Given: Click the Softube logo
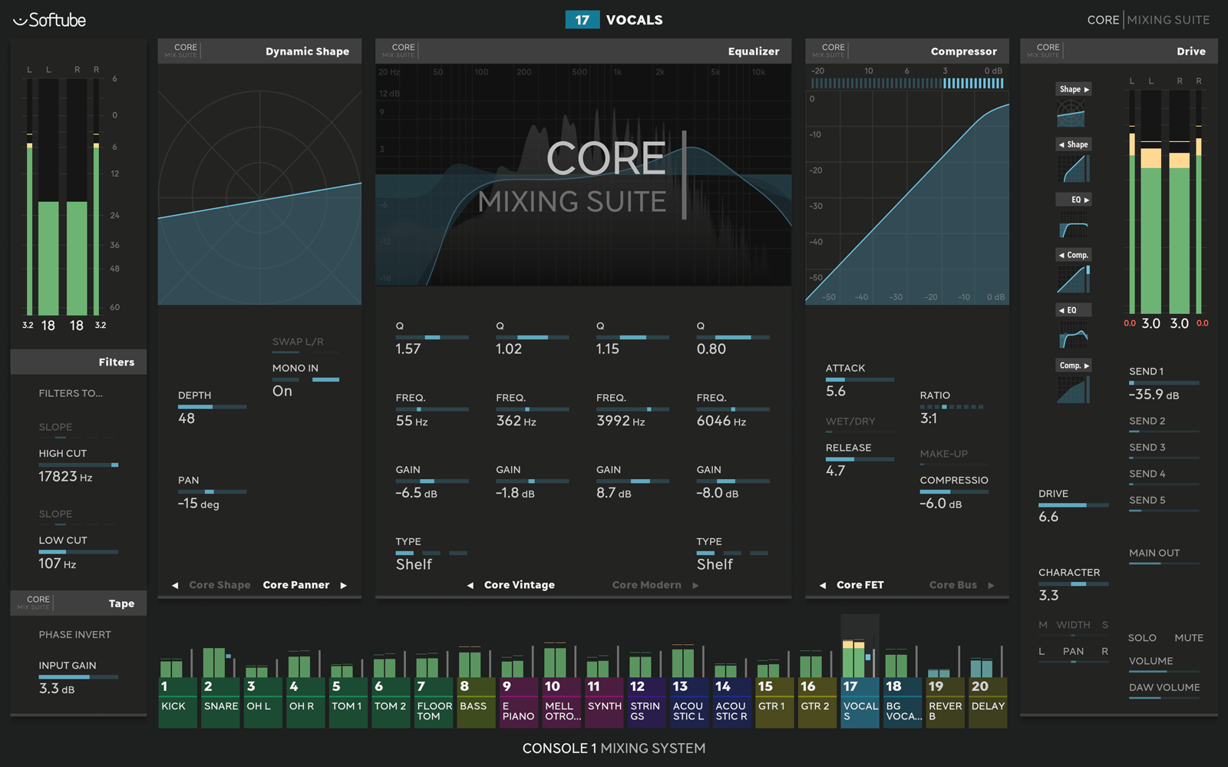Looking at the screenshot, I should pos(50,20).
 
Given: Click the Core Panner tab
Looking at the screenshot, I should pos(295,585).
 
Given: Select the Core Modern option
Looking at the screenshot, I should pos(646,585).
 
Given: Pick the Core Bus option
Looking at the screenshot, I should pos(952,585).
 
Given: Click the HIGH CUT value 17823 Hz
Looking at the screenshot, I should pos(65,477).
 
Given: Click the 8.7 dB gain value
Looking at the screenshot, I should pos(613,493).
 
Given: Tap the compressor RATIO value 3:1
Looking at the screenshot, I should pos(929,418).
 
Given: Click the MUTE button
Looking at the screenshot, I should pos(1188,638).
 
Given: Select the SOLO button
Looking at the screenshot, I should pos(1142,638).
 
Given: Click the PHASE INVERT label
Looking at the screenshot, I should pos(74,635).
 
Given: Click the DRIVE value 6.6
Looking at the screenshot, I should pos(1048,517).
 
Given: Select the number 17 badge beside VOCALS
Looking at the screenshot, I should pos(582,20).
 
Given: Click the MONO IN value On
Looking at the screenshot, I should pos(282,391).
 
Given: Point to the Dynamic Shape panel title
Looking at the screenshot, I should pos(307,51).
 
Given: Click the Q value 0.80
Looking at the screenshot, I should pos(711,349).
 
